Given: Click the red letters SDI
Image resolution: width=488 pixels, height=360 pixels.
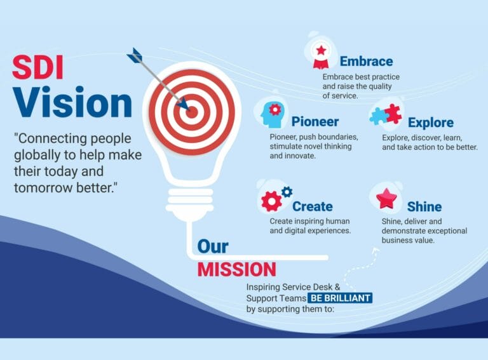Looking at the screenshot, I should pyautogui.click(x=38, y=67).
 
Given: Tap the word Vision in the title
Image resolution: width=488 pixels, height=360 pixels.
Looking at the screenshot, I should pyautogui.click(x=72, y=102).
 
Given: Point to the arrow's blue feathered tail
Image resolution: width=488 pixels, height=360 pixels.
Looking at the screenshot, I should pyautogui.click(x=135, y=55).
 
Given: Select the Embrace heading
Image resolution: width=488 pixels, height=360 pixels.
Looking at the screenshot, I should pyautogui.click(x=366, y=62).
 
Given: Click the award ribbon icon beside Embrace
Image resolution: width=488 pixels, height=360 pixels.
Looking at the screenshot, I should pyautogui.click(x=321, y=55).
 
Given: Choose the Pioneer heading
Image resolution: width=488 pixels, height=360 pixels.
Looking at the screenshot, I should pyautogui.click(x=315, y=121).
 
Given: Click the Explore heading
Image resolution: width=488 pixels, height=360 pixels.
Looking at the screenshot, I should pyautogui.click(x=430, y=123).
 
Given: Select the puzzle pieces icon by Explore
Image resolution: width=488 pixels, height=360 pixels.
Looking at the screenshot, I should pyautogui.click(x=386, y=114).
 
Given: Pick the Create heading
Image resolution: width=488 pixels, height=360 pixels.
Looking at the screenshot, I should pyautogui.click(x=312, y=206).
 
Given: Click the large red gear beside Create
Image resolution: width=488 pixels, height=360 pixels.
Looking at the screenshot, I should pyautogui.click(x=271, y=201).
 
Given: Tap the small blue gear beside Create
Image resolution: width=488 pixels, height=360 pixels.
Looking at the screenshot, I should pyautogui.click(x=287, y=191).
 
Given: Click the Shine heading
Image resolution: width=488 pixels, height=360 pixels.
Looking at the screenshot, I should pyautogui.click(x=424, y=206).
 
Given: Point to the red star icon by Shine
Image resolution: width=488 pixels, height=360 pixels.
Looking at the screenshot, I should pyautogui.click(x=386, y=199).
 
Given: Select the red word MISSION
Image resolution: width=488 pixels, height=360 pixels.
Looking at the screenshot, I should pyautogui.click(x=236, y=269).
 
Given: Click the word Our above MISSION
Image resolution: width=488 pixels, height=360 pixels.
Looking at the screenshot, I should pyautogui.click(x=212, y=246).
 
